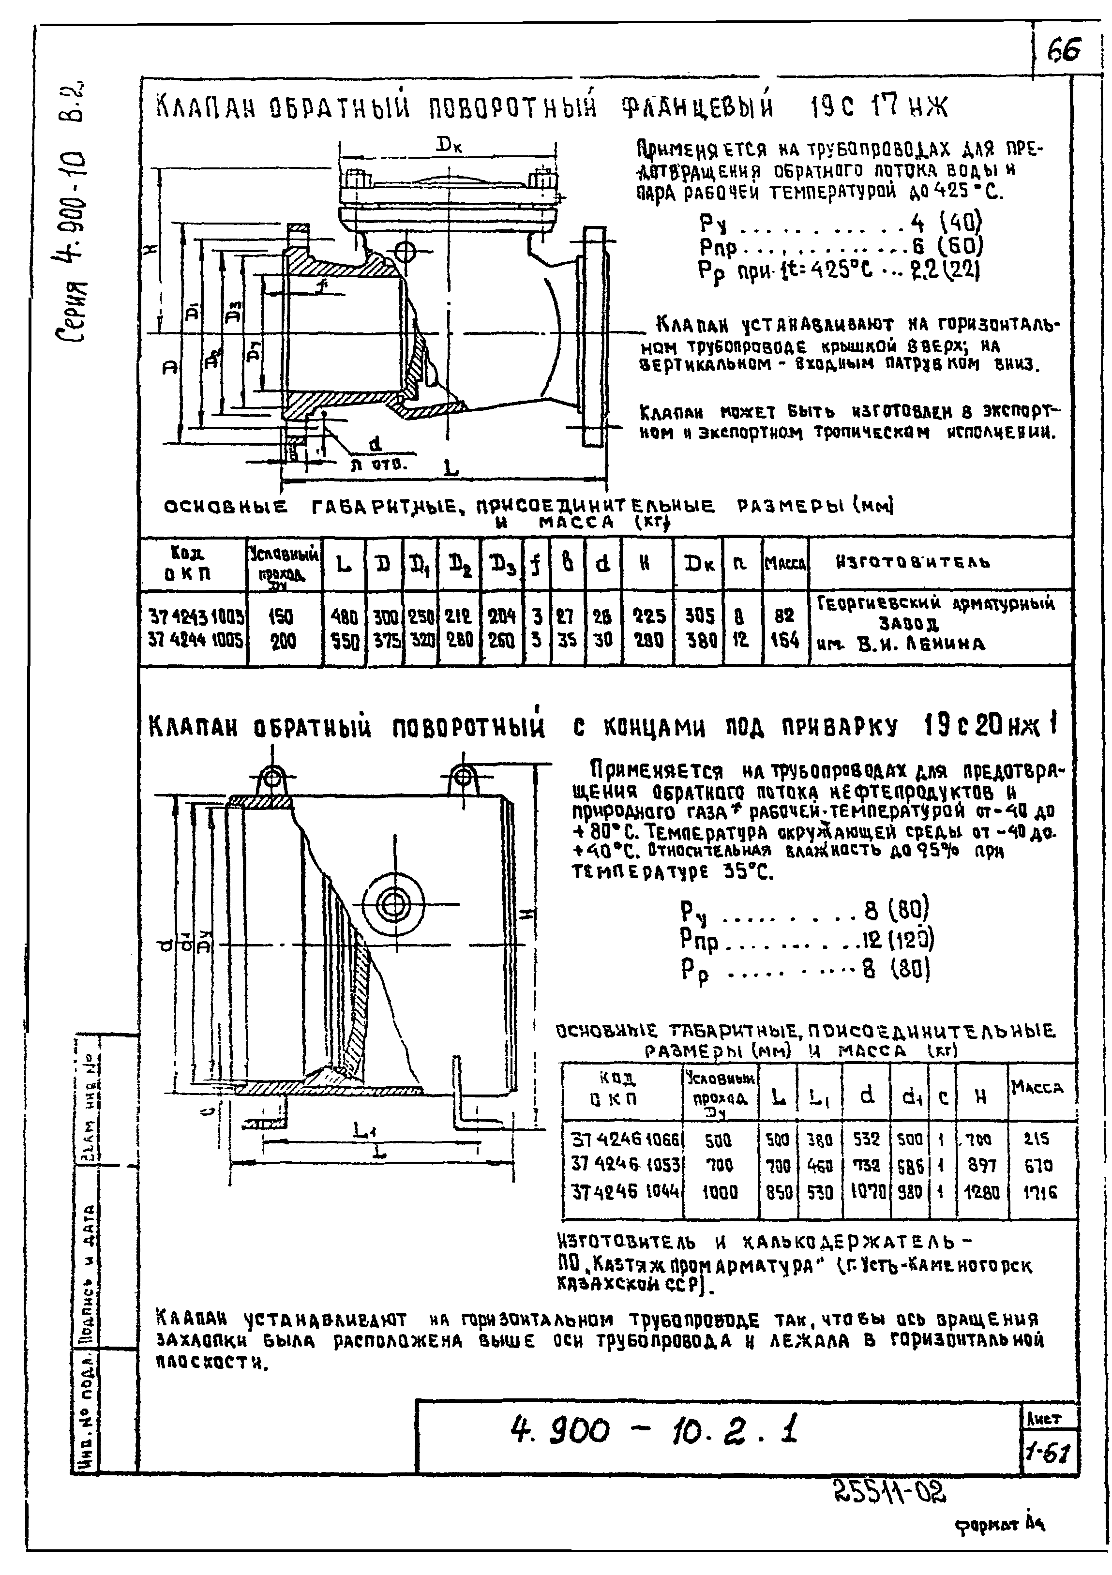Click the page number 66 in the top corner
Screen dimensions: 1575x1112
coord(1064,49)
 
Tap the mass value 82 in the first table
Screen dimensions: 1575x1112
coord(785,616)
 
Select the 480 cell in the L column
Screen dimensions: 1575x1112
coord(344,616)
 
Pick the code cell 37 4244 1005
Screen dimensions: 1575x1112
coord(195,641)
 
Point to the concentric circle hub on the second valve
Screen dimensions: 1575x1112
coord(392,905)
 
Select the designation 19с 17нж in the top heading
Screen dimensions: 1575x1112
coord(879,107)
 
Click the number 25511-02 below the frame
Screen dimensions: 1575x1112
coord(890,1490)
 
